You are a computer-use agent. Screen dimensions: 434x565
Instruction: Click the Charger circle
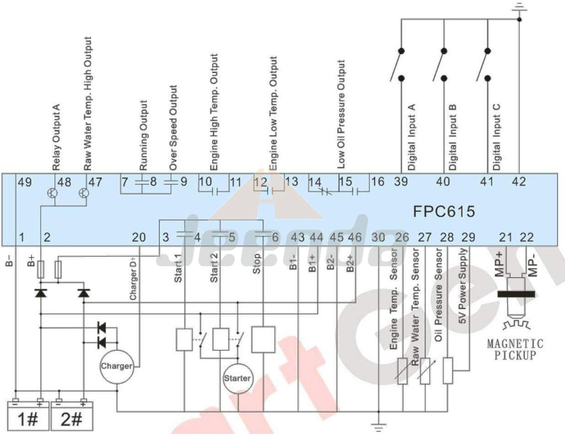[x=116, y=366]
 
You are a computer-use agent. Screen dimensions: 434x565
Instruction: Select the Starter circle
[x=237, y=378]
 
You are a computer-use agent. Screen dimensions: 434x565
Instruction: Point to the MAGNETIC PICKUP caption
[x=515, y=349]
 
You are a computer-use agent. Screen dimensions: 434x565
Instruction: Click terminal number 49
[x=24, y=181]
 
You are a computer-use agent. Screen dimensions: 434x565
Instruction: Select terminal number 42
[x=519, y=181]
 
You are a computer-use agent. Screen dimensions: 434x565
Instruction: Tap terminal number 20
[x=139, y=238]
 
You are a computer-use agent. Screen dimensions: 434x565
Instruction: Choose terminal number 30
[x=379, y=238]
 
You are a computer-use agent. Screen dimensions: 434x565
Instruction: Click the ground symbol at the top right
[x=519, y=7]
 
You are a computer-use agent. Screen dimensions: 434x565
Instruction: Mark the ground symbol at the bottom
[x=379, y=424]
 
